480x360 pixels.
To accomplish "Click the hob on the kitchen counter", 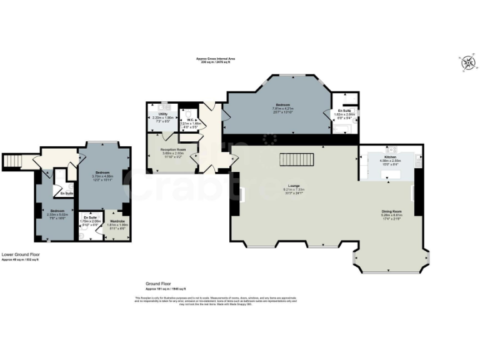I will click(x=392, y=149).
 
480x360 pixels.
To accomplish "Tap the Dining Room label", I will click(x=391, y=211).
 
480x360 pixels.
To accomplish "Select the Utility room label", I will click(x=162, y=114).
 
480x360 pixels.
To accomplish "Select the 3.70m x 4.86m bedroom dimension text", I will click(x=102, y=176).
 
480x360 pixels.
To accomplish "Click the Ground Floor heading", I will click(x=159, y=283).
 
